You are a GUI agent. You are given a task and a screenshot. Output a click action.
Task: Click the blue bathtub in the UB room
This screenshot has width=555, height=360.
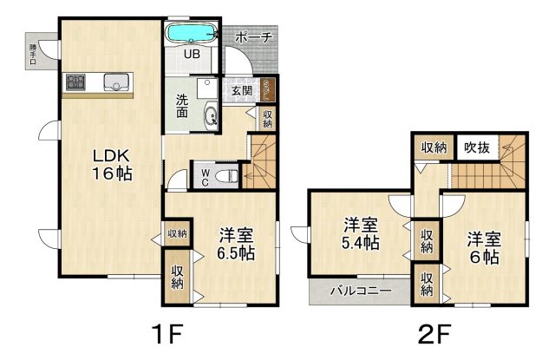click(x=192, y=33)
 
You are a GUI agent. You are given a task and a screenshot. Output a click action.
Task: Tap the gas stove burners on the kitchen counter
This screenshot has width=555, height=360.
click(x=75, y=82)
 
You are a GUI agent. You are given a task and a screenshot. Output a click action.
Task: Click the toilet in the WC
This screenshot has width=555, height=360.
click(x=227, y=174)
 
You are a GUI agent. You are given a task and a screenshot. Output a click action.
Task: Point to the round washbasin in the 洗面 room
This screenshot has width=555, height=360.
click(x=211, y=115)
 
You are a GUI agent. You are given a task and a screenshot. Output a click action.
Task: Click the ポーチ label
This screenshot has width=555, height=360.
click(x=254, y=36)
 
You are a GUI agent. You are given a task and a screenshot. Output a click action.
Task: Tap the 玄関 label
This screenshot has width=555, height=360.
click(x=242, y=90)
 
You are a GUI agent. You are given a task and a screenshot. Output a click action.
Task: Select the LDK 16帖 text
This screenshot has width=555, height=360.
click(x=112, y=165)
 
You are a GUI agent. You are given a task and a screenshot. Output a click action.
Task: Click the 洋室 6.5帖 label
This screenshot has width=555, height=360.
click(x=236, y=244)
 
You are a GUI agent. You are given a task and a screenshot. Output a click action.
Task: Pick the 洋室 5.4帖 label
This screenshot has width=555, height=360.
click(x=361, y=233)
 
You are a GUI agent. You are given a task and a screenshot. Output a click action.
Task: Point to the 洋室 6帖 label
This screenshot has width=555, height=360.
click(x=484, y=248)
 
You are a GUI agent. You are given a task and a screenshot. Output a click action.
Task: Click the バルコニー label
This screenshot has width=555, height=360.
click(x=362, y=291)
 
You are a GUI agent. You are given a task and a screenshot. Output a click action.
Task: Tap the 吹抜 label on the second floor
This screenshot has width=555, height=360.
click(x=477, y=147)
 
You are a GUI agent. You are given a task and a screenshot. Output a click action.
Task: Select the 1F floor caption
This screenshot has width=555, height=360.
click(x=167, y=334)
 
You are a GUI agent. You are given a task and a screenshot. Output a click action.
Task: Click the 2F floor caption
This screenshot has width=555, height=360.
click(x=434, y=334)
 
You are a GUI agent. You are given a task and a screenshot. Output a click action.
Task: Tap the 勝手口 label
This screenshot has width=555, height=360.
click(x=33, y=54)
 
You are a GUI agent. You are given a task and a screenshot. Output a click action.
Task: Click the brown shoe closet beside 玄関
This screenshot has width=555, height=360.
click(x=267, y=88)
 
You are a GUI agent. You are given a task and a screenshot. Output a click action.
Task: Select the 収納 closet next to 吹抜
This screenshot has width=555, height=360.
click(x=434, y=147)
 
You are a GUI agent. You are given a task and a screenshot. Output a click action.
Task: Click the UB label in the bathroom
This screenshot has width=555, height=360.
click(x=192, y=54)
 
